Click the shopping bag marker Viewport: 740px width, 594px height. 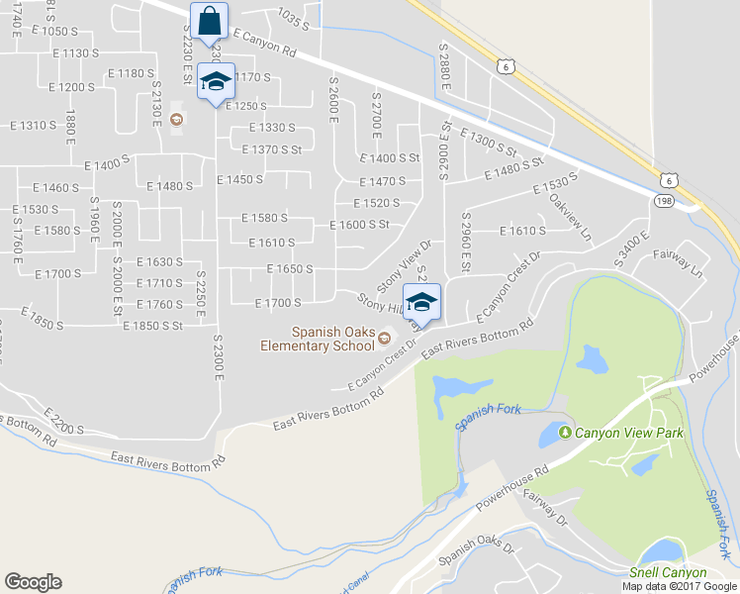click(211, 20)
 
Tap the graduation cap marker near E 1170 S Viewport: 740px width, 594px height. click(214, 82)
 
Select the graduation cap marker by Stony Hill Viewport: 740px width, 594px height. click(421, 302)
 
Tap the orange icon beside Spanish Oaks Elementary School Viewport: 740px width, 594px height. click(384, 343)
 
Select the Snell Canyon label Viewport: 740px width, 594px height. click(669, 572)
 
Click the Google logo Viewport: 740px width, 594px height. click(33, 582)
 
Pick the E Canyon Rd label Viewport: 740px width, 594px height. click(264, 42)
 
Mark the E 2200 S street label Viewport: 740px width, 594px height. click(63, 422)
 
